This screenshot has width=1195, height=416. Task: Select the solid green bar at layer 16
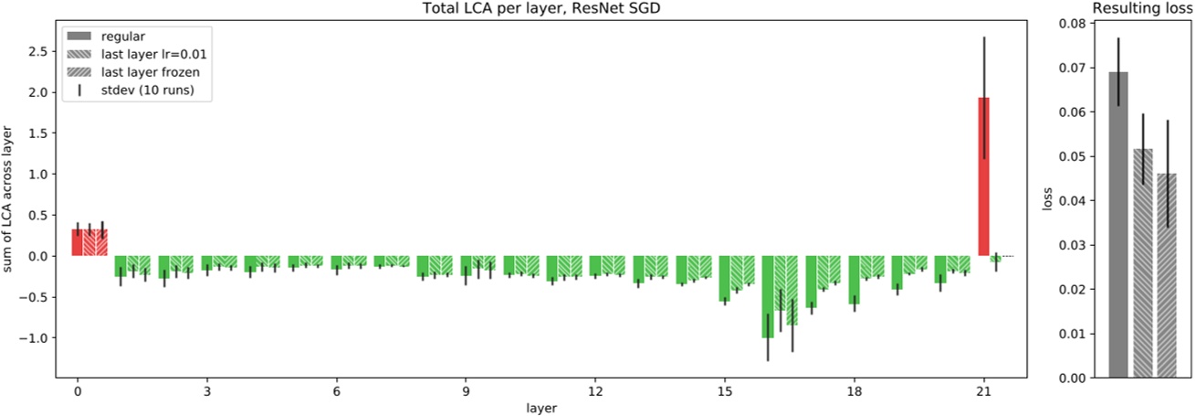768,296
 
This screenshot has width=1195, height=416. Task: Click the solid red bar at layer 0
78,242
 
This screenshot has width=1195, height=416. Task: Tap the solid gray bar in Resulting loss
1117,224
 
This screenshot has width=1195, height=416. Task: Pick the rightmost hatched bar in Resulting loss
1167,275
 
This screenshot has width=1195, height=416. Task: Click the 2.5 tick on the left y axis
37,51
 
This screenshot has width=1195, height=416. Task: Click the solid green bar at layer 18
854,280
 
